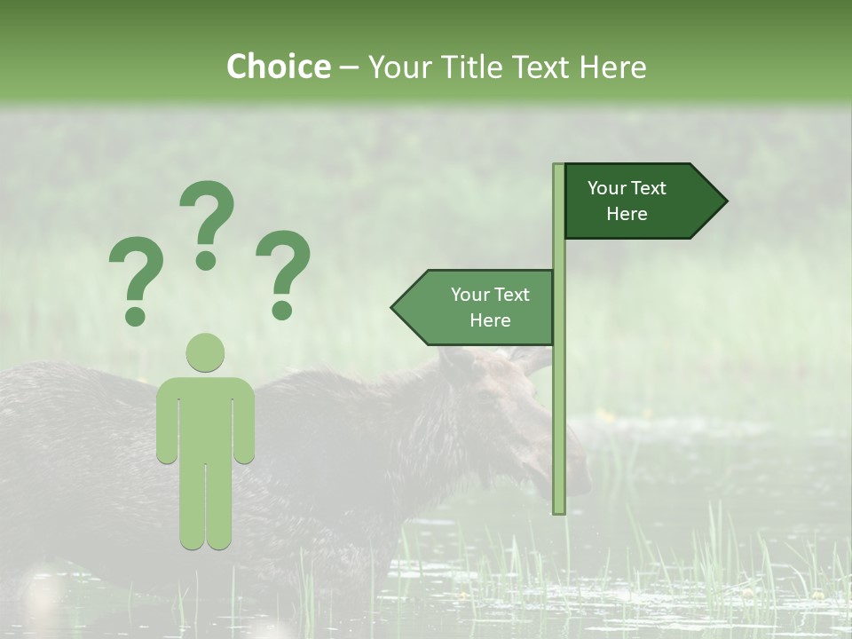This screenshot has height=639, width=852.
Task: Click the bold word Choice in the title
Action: pos(278,67)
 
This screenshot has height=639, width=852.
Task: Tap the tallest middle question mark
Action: pos(207,217)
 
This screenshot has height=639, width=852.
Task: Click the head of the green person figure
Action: pos(205,353)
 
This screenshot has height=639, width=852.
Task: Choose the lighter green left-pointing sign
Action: pos(479,308)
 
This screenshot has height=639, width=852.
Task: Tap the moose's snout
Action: pos(572,475)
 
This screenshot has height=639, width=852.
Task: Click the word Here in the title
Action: pos(612,67)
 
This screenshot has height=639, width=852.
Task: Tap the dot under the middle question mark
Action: pos(206,260)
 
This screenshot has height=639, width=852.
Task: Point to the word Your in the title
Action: pos(398,67)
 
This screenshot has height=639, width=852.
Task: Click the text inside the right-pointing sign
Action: pos(627,201)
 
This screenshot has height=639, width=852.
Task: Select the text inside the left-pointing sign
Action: pos(490,307)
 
